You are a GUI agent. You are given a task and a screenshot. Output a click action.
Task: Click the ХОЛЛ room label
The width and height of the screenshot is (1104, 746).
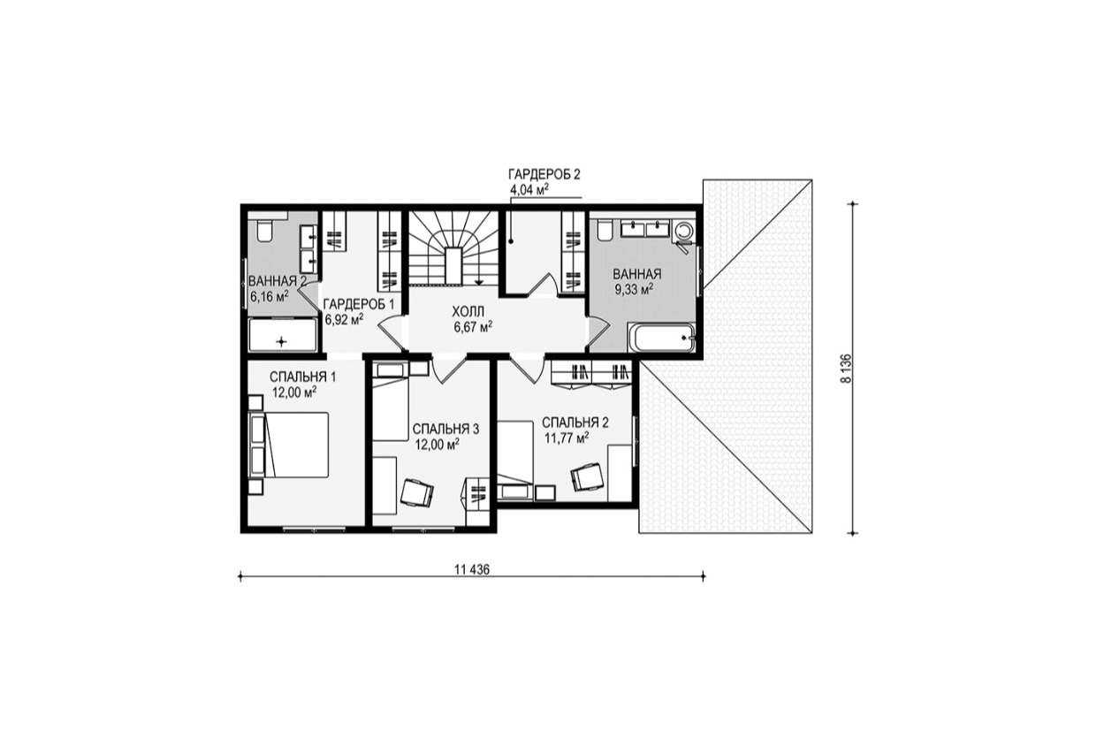(x=468, y=311)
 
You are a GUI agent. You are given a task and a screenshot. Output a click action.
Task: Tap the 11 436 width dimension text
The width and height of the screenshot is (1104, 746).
(x=472, y=569)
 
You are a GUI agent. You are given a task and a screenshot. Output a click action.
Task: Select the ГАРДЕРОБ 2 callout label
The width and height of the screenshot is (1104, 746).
(x=544, y=174)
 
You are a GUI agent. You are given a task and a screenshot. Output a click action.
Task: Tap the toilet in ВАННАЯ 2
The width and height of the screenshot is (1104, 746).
(x=264, y=231)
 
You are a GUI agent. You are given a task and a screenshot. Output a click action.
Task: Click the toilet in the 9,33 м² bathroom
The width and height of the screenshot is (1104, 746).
(x=605, y=230)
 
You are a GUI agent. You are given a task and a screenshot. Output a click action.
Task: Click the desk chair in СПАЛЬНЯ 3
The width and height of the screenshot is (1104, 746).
(x=417, y=492)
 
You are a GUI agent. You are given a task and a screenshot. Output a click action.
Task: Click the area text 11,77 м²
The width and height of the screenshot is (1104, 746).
(x=567, y=438)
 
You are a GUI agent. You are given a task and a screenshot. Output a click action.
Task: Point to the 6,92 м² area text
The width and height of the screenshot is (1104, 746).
(x=344, y=320)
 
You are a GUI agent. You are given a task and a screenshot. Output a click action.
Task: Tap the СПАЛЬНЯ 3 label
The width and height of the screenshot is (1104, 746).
(x=445, y=429)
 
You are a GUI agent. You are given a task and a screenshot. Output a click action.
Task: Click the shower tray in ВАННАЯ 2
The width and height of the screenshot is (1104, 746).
(x=282, y=335)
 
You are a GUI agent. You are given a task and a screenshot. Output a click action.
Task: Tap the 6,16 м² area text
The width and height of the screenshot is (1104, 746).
(x=269, y=297)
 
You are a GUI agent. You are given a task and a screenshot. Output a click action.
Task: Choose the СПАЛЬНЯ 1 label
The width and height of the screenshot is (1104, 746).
(x=302, y=377)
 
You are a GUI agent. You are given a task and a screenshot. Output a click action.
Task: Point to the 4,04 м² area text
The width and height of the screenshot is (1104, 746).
(x=529, y=190)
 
